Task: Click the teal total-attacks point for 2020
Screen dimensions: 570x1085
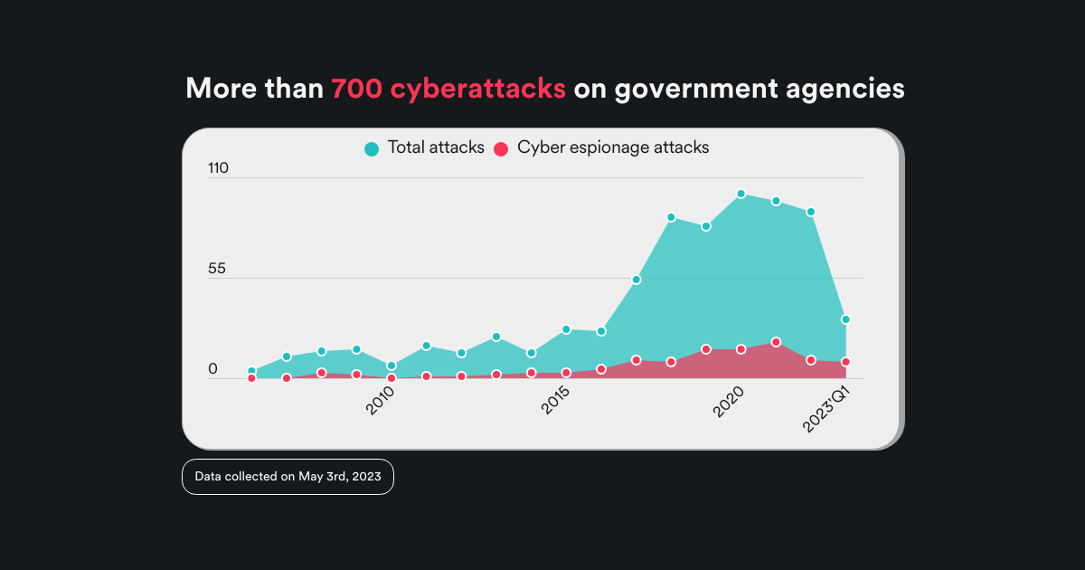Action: (741, 194)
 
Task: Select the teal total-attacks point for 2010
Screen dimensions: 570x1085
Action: (392, 366)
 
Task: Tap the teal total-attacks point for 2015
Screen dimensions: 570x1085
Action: (566, 329)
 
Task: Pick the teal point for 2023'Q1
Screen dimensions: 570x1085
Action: (845, 319)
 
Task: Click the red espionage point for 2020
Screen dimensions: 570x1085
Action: (741, 349)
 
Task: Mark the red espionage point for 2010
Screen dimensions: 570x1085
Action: (392, 378)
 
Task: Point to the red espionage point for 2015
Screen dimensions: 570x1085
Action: (566, 373)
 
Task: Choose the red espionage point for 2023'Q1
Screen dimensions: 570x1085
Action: (845, 362)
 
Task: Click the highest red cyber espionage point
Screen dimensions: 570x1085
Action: (776, 342)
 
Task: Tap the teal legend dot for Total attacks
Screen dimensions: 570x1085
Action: (372, 148)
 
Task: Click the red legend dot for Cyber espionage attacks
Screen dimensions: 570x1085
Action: (501, 148)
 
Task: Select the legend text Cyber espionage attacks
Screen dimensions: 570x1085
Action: (613, 147)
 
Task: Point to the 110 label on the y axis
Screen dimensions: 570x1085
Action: (219, 168)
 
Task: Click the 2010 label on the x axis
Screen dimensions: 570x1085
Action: (386, 400)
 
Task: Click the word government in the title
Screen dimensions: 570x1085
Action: (694, 89)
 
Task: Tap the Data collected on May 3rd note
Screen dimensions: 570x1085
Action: (288, 477)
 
